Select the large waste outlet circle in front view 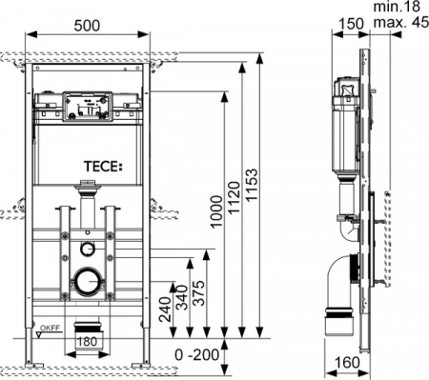87,282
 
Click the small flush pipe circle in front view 87,249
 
